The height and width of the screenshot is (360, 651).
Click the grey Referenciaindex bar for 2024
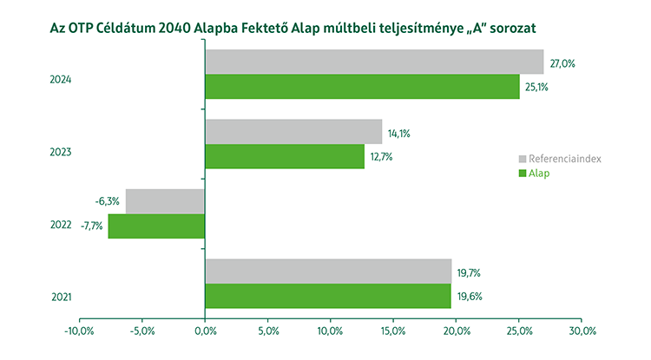(x=374, y=62)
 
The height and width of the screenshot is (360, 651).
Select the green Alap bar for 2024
(x=362, y=87)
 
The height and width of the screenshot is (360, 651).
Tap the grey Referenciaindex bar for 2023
(x=293, y=131)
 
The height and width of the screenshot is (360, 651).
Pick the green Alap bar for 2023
(x=285, y=156)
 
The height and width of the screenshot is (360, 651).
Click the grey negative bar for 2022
(x=165, y=201)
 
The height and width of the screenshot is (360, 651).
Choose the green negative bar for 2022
(x=156, y=226)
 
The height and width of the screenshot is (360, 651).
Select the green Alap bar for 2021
(x=328, y=297)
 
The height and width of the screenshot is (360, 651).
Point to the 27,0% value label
(x=562, y=63)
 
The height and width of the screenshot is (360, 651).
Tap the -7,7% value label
(x=91, y=227)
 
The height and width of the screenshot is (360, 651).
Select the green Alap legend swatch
(x=523, y=173)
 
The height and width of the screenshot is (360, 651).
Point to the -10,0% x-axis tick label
(x=79, y=331)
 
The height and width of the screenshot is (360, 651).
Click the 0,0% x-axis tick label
(x=205, y=331)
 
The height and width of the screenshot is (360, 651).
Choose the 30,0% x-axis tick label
(x=582, y=331)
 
